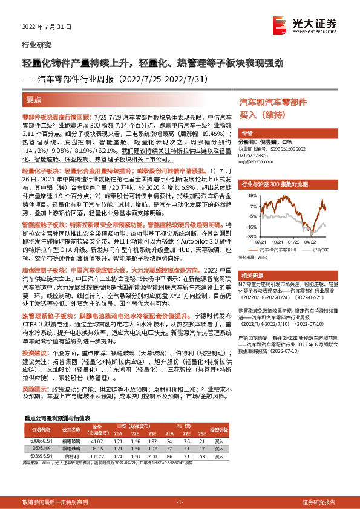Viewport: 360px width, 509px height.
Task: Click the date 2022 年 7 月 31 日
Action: pyautogui.click(x=46, y=27)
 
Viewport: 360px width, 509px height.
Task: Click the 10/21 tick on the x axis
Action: pyautogui.click(x=279, y=241)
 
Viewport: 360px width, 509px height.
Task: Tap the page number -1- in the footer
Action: pyautogui.click(x=180, y=486)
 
